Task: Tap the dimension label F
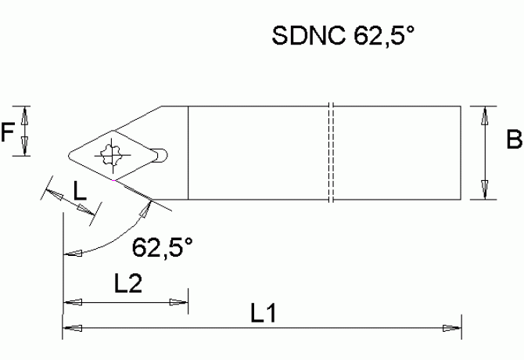[x=9, y=133]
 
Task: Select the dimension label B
[x=513, y=141]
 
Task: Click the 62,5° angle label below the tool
[x=162, y=248]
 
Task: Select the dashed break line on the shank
[x=332, y=153]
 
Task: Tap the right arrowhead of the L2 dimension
[x=180, y=302]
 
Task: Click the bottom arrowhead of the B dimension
[x=484, y=191]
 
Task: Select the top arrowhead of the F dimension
[x=26, y=113]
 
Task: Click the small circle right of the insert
[x=160, y=154]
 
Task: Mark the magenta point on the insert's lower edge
[x=115, y=182]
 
